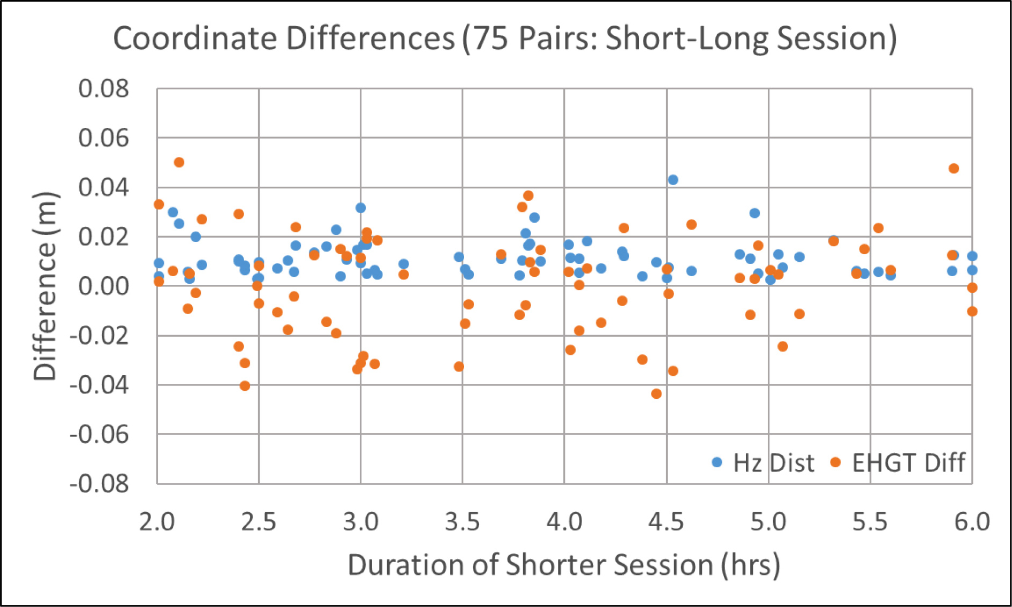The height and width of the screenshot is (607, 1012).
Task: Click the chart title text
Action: (x=504, y=39)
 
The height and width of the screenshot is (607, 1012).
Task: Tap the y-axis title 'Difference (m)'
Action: (x=45, y=286)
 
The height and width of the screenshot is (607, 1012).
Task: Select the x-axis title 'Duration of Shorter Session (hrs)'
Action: (x=563, y=565)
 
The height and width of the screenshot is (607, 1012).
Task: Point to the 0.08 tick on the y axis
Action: (x=104, y=89)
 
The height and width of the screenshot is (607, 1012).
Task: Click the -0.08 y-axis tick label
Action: (x=100, y=484)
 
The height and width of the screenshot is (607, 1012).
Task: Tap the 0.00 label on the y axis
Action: (x=104, y=286)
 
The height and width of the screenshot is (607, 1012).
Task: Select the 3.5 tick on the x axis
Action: (x=462, y=521)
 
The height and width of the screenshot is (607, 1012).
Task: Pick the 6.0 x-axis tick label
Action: (x=972, y=521)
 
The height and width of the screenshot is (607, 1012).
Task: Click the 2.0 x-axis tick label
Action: (x=157, y=521)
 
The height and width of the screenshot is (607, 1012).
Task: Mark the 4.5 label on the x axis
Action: (x=666, y=521)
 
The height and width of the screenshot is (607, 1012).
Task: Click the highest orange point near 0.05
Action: (x=179, y=162)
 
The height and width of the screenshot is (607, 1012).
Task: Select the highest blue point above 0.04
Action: (x=673, y=180)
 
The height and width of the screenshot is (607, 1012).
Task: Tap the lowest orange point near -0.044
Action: (x=656, y=394)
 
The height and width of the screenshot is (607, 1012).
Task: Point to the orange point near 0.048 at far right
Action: (x=954, y=169)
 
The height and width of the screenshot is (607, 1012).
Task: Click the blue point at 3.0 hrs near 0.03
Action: (x=360, y=208)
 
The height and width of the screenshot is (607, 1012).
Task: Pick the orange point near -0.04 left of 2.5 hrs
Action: (x=245, y=386)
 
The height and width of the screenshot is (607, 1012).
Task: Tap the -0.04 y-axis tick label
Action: (x=100, y=385)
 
